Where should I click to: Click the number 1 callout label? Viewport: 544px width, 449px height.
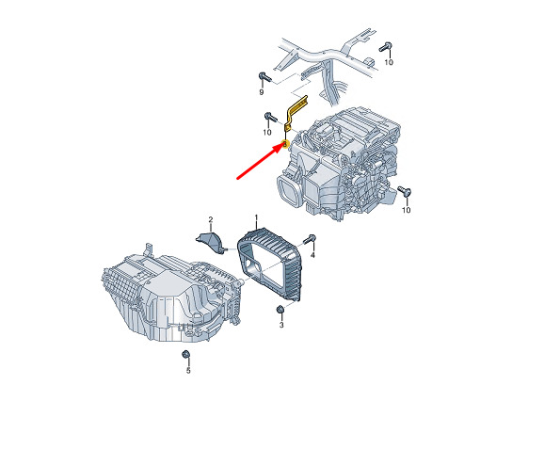click(x=256, y=217)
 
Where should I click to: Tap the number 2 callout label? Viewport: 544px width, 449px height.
click(x=211, y=219)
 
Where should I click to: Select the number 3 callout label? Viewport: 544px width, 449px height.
click(x=281, y=325)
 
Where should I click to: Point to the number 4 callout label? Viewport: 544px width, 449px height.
click(x=312, y=255)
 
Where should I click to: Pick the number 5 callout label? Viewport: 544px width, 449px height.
click(x=188, y=371)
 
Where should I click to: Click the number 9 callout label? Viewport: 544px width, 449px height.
click(x=262, y=92)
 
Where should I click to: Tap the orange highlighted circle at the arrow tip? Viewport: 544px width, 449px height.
click(x=285, y=144)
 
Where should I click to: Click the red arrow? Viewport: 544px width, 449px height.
click(x=260, y=162)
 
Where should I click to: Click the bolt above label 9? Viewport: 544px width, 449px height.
click(x=263, y=76)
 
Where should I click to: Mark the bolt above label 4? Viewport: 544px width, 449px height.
click(x=310, y=239)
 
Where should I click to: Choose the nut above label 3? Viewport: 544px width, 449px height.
click(x=280, y=309)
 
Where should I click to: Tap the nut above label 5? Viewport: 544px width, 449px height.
click(x=185, y=355)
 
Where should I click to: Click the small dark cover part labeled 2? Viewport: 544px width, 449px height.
click(x=210, y=240)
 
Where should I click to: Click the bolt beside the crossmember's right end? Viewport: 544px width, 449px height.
click(x=386, y=47)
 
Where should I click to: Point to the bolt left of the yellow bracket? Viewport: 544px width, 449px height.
click(x=269, y=116)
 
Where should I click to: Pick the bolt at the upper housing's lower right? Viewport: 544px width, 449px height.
click(x=405, y=191)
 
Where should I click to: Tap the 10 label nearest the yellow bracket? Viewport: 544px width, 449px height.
click(x=266, y=132)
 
